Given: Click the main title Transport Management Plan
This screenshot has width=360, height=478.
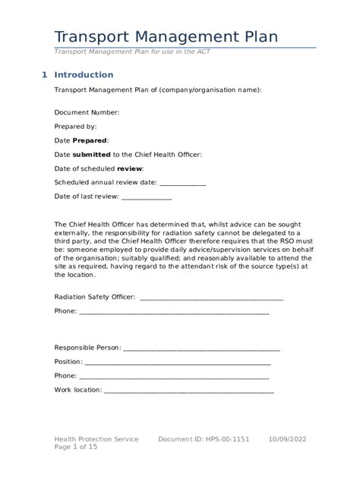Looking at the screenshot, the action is [166, 36].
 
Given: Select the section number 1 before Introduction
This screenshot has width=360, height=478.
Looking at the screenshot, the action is [44, 75].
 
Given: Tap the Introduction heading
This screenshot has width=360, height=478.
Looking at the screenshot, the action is [84, 75].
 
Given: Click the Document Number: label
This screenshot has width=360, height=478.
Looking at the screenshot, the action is [87, 112].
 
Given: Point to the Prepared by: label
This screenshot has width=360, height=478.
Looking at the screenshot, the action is [75, 126].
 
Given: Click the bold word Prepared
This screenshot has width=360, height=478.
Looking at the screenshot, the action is [90, 140].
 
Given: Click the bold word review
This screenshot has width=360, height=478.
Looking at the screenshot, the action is [129, 168].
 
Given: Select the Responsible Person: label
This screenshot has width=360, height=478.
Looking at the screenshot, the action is [87, 347].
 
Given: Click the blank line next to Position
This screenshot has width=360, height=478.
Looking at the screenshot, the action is [177, 362].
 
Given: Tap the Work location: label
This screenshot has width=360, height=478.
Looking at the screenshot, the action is [77, 390].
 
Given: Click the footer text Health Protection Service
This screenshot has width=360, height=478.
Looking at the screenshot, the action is [96, 439].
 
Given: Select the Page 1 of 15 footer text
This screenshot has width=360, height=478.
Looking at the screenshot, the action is [76, 448].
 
